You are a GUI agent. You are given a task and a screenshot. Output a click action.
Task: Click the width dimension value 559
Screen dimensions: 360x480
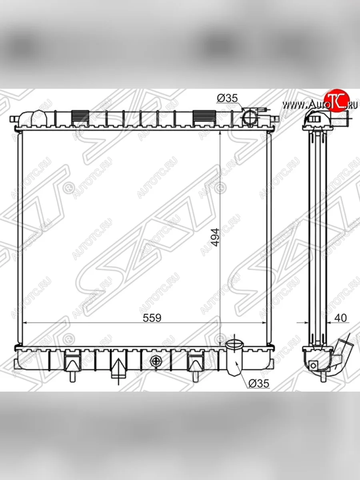152,318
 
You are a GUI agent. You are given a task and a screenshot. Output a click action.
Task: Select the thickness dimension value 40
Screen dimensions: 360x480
340,318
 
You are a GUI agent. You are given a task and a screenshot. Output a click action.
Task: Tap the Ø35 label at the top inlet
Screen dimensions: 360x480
227,98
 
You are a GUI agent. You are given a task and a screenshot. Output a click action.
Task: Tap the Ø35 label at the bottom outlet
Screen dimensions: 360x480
259,384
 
